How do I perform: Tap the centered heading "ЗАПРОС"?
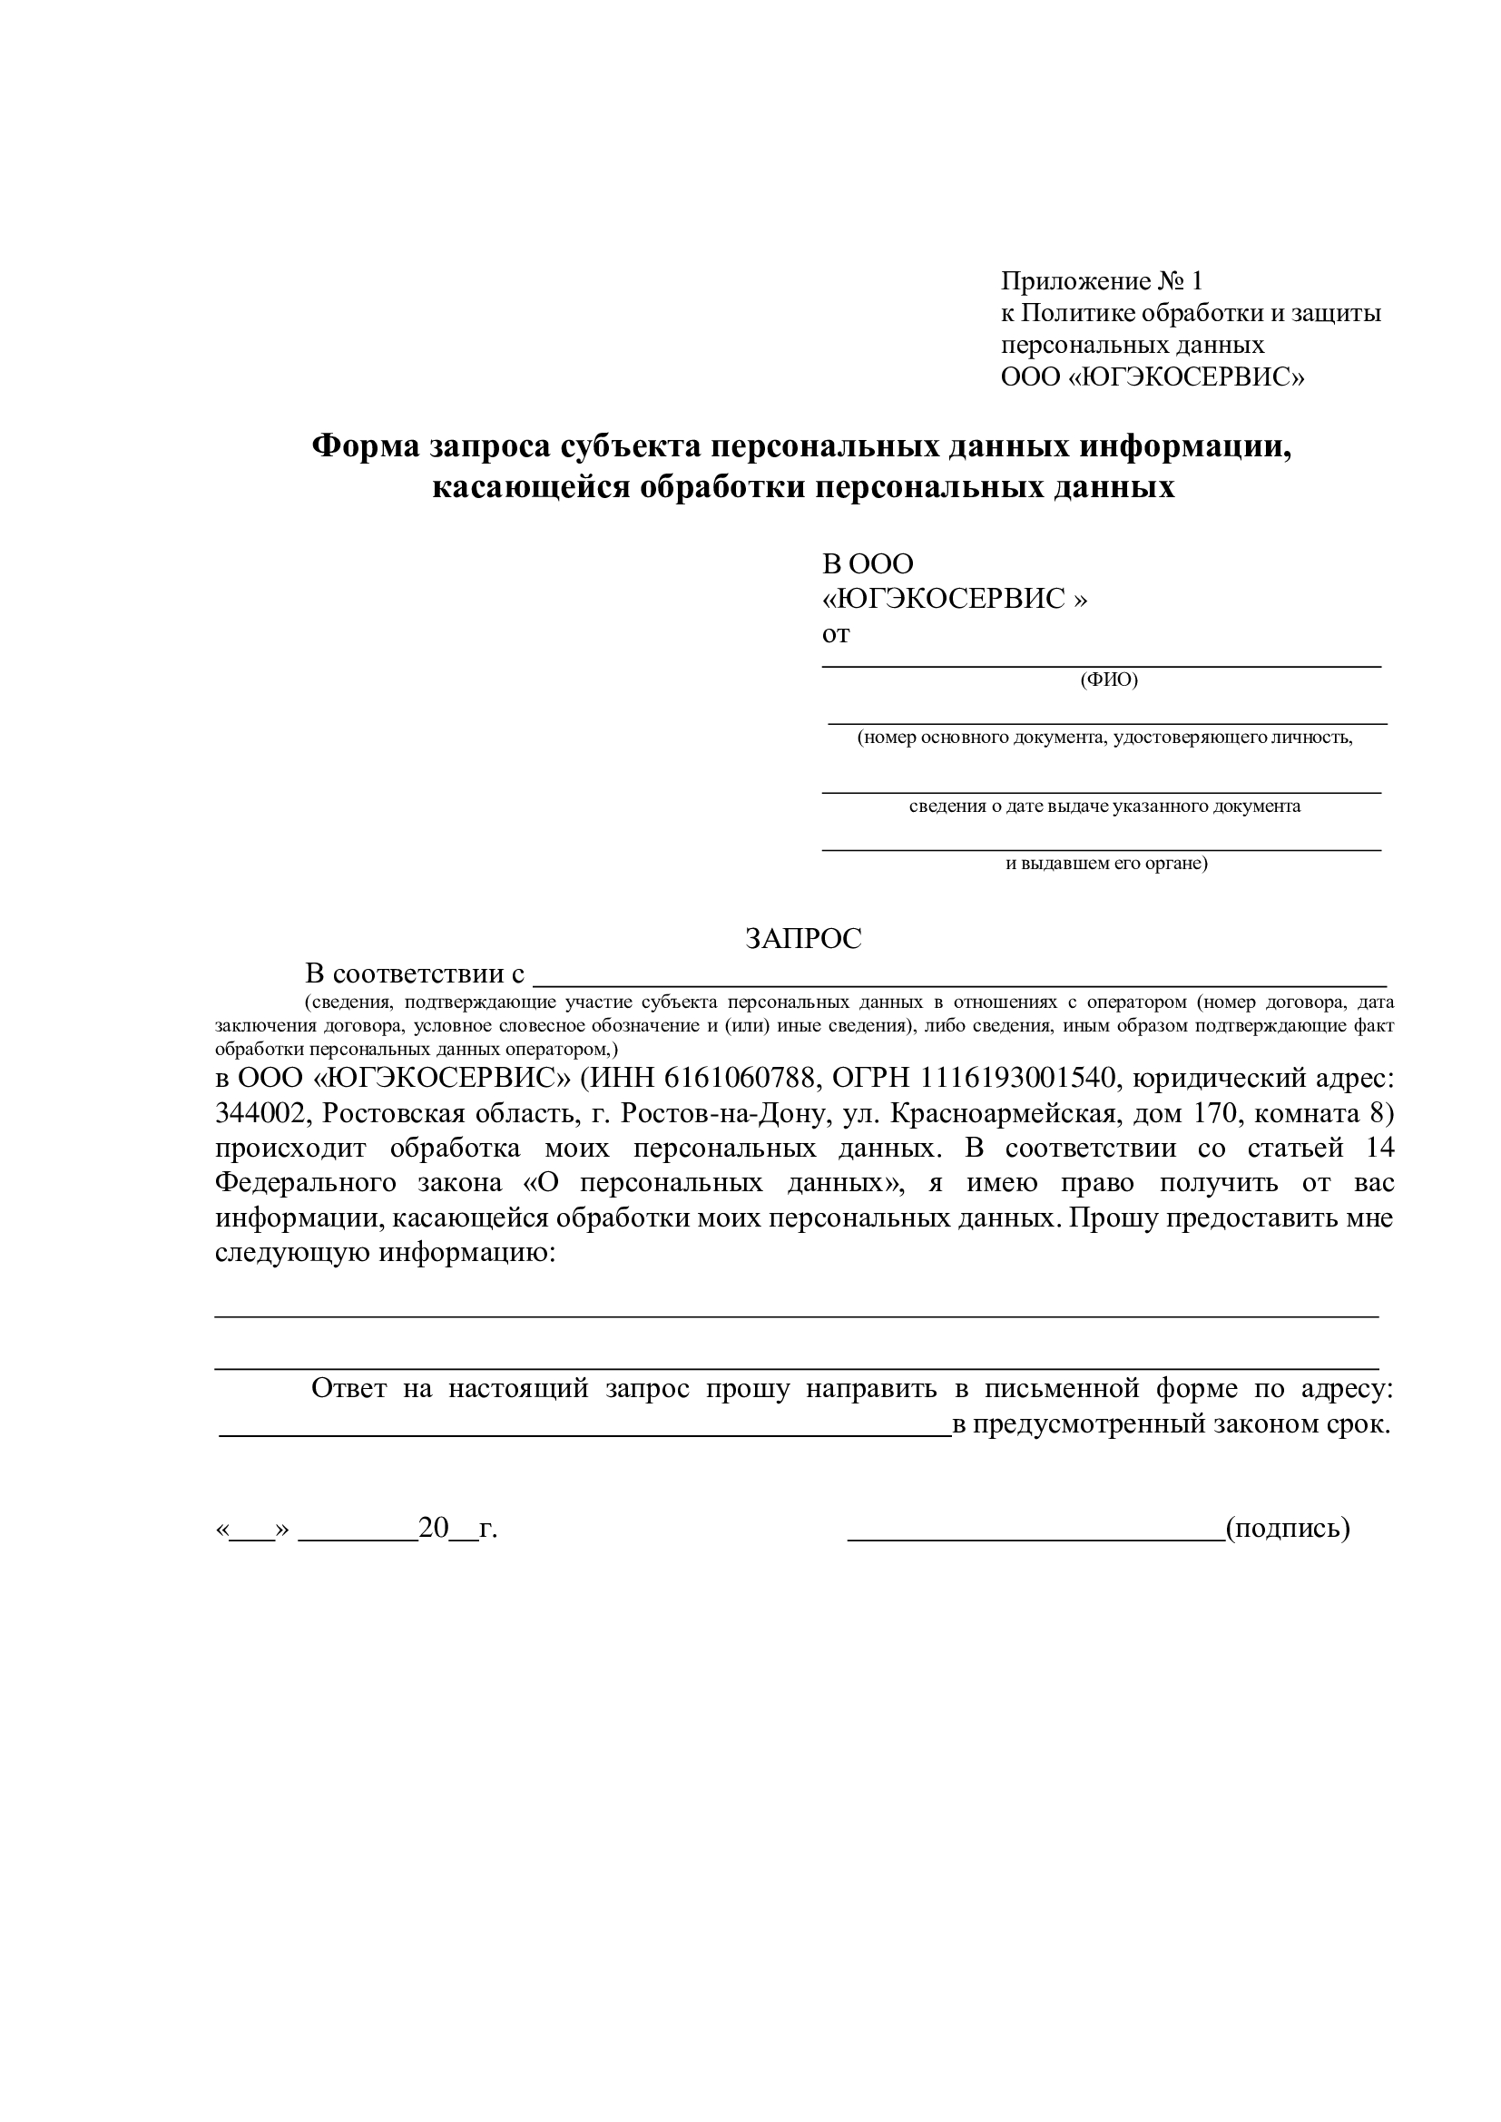pyautogui.click(x=803, y=939)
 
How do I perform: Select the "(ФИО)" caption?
pyautogui.click(x=1109, y=680)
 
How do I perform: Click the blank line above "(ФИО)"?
pyautogui.click(x=1102, y=663)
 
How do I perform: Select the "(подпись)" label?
pyautogui.click(x=1288, y=1528)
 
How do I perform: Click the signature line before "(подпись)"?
pyautogui.click(x=1035, y=1538)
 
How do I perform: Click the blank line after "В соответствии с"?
pyautogui.click(x=961, y=984)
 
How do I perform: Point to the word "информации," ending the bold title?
pyautogui.click(x=1187, y=446)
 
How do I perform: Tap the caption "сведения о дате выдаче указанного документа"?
pyautogui.click(x=1104, y=806)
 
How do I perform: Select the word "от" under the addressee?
pyautogui.click(x=836, y=634)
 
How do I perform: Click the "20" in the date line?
pyautogui.click(x=433, y=1528)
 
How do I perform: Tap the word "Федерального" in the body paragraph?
pyautogui.click(x=305, y=1183)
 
